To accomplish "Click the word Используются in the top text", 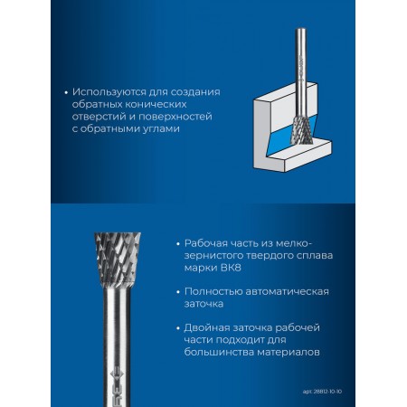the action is click(x=109, y=92).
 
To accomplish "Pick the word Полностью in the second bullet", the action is click(x=213, y=292).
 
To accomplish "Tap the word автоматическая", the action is click(x=288, y=292).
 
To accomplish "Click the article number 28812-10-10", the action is click(x=327, y=392).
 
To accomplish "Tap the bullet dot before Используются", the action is click(x=66, y=92).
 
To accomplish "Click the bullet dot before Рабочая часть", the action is click(x=178, y=243).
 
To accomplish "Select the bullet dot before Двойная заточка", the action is click(x=178, y=328).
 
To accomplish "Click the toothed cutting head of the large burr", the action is click(x=118, y=259).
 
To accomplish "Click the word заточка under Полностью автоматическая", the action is click(x=204, y=304).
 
